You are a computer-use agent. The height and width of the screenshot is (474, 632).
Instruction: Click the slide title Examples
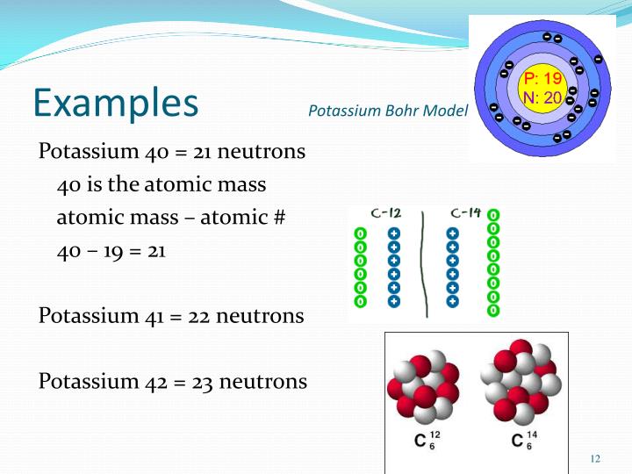coord(115,102)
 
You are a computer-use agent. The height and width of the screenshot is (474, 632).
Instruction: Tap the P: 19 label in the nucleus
coord(536,80)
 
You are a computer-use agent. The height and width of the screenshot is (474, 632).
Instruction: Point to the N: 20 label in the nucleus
coord(537,97)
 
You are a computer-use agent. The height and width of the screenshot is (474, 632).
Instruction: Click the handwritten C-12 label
coord(387,213)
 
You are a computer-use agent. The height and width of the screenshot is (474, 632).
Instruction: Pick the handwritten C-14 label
coord(466,213)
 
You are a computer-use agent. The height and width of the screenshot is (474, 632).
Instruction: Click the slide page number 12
coord(595,458)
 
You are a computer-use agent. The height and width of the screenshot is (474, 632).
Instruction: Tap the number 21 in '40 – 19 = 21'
coord(156,250)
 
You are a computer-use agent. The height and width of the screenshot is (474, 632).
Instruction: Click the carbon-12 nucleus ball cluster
coord(423,385)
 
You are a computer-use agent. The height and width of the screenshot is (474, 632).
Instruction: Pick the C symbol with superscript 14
coord(517,439)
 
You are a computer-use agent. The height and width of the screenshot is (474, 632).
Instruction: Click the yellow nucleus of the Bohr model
coord(540,88)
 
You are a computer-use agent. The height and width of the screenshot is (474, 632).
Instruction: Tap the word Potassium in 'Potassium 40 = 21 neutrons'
coord(89,151)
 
